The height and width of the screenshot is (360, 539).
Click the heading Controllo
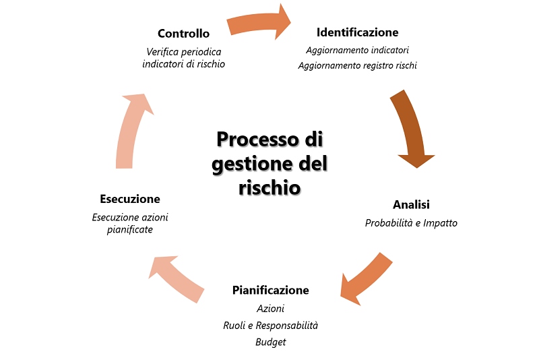(183, 33)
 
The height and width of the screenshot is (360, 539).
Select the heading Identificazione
(357, 32)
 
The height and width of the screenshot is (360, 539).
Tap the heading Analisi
(411, 204)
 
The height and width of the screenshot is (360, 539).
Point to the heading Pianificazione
(270, 290)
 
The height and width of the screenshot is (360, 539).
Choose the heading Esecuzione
(129, 199)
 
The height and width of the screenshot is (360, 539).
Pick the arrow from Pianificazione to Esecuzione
(177, 276)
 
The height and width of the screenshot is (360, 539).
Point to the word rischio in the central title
(269, 187)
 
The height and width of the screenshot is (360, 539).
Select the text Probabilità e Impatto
(411, 222)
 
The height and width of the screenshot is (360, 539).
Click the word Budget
(270, 342)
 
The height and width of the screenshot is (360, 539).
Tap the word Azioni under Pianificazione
(270, 308)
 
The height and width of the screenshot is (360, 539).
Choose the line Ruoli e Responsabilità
(270, 326)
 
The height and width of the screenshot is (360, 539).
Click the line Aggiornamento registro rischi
(357, 65)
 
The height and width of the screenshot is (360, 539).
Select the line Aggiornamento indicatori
(357, 50)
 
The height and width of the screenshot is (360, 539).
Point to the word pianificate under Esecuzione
(129, 230)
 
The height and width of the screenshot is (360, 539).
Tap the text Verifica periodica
(183, 51)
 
